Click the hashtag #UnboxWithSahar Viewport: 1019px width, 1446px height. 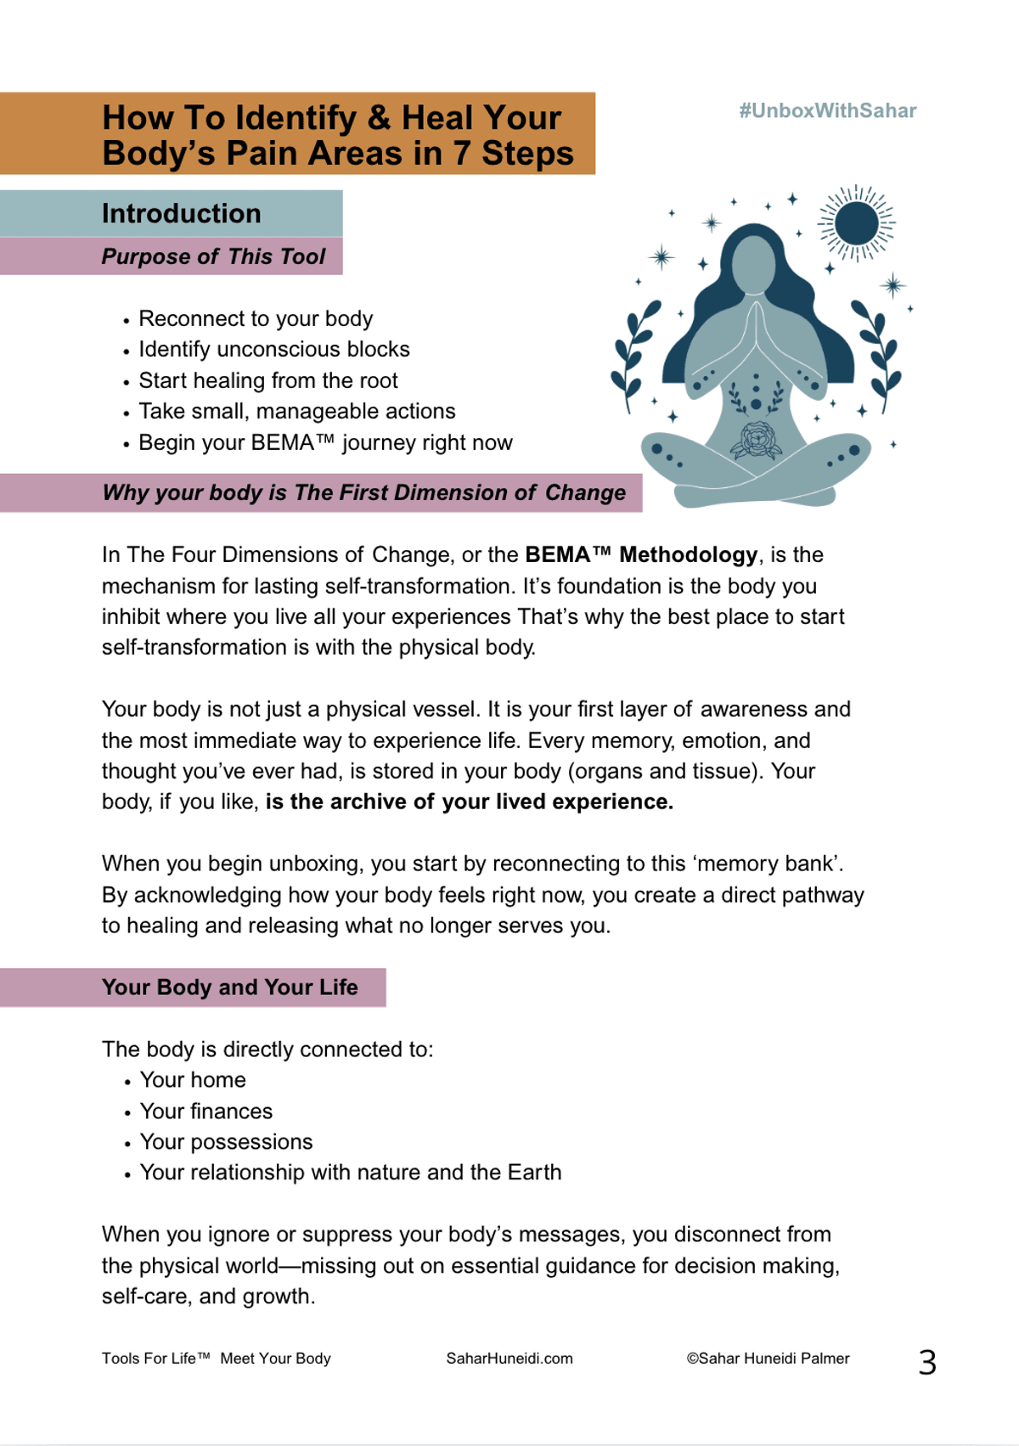[827, 111]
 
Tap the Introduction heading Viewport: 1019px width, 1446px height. [181, 213]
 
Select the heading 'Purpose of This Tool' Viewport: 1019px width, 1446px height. [213, 256]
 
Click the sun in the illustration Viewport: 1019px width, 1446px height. [856, 223]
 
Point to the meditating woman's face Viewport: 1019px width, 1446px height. [753, 264]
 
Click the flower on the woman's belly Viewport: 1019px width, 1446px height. [755, 440]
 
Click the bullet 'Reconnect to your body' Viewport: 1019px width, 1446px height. [256, 319]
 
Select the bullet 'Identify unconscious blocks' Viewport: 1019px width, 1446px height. [273, 350]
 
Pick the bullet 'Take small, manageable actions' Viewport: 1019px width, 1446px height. [296, 412]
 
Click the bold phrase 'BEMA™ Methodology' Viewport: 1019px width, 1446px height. [641, 555]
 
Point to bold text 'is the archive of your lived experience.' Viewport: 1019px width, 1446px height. [469, 802]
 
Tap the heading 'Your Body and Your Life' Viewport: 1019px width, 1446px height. [229, 987]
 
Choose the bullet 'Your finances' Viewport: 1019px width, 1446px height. [205, 1111]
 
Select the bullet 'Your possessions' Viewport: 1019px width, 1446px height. [226, 1142]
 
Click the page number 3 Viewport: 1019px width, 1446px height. [927, 1363]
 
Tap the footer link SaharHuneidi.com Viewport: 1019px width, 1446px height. [509, 1359]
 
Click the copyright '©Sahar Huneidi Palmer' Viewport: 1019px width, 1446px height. [768, 1359]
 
